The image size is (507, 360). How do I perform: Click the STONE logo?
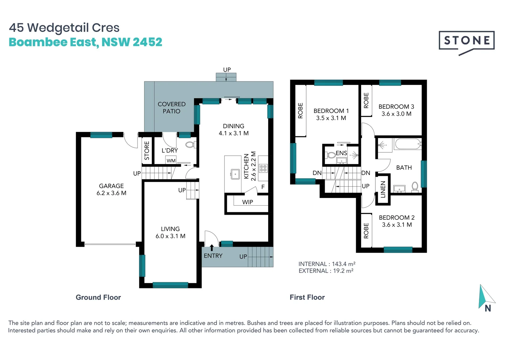click(x=466, y=43)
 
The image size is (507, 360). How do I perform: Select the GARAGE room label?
click(x=111, y=186)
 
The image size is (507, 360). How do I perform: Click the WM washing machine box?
click(x=171, y=160)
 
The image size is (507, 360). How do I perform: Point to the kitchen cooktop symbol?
click(x=263, y=168)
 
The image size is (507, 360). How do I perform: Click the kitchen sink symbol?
click(x=235, y=174)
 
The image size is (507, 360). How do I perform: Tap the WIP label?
click(x=248, y=202)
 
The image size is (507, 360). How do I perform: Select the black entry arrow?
click(x=212, y=248)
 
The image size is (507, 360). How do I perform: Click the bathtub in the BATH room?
click(x=408, y=144)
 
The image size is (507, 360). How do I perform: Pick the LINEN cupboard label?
click(x=383, y=189)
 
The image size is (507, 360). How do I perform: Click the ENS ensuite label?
click(x=341, y=153)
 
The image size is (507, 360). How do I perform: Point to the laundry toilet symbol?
click(x=191, y=145)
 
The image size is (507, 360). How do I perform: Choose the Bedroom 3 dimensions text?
click(x=396, y=114)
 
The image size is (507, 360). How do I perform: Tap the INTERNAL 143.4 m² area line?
click(x=327, y=264)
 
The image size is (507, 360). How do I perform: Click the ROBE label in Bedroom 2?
click(x=366, y=231)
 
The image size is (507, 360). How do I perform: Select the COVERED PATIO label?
click(x=172, y=108)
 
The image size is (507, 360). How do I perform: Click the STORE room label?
click(x=147, y=150)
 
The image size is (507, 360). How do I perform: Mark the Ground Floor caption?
click(x=98, y=297)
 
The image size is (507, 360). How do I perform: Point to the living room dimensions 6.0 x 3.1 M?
click(x=171, y=236)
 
